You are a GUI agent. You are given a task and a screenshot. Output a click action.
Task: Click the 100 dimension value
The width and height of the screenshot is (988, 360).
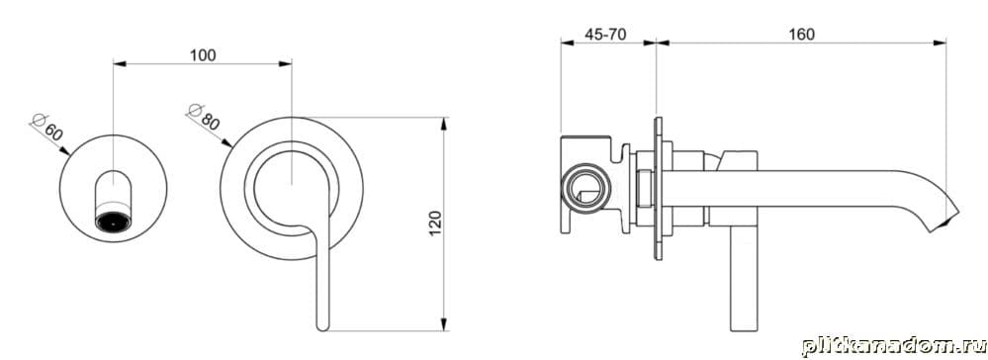pyautogui.click(x=203, y=55)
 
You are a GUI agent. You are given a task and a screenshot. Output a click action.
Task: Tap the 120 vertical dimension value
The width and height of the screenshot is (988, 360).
pyautogui.click(x=435, y=224)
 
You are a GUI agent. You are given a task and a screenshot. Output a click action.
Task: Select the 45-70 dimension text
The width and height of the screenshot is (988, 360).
pyautogui.click(x=605, y=35)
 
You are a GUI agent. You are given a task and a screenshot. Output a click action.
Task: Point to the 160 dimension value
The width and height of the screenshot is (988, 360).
pyautogui.click(x=801, y=34)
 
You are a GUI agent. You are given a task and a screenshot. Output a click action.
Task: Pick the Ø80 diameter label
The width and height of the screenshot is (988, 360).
pyautogui.click(x=204, y=117)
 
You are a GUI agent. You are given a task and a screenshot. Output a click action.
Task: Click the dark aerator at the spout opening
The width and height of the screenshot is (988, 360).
pyautogui.click(x=113, y=222)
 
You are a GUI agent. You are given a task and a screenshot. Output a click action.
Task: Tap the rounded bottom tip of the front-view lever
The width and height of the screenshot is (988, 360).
pyautogui.click(x=322, y=326)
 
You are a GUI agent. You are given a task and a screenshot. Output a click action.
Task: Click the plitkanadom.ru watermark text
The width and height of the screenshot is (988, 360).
pyautogui.click(x=893, y=346)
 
